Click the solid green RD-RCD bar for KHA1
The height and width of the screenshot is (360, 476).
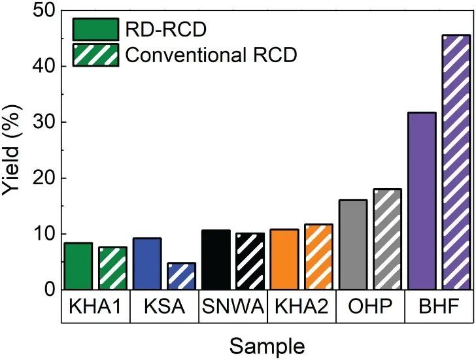click(78, 266)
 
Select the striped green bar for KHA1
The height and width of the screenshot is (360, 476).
click(112, 268)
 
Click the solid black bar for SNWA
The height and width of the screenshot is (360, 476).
click(216, 259)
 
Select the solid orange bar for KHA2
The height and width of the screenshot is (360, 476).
click(284, 259)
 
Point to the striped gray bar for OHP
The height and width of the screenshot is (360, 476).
click(387, 239)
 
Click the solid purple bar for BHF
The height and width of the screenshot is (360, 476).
click(422, 201)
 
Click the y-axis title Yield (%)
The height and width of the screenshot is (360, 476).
click(14, 150)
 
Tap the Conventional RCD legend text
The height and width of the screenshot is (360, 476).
click(211, 55)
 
